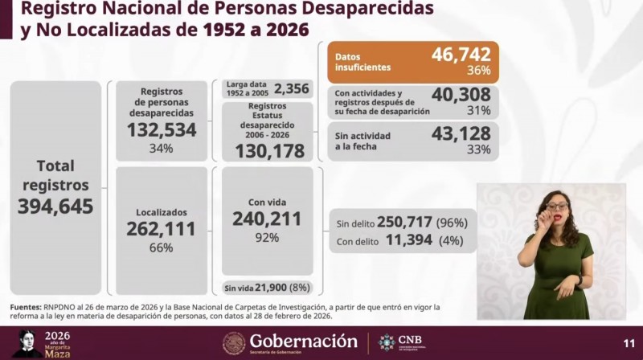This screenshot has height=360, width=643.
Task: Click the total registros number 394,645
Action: point(55,207)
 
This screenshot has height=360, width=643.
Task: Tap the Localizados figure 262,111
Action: point(161,229)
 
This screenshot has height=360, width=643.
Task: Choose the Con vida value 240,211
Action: point(267,219)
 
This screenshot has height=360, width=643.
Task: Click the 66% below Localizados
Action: point(161,247)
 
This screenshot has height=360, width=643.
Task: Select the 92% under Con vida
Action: point(267,237)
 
